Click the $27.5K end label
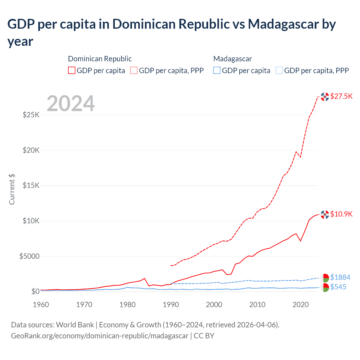tap(341, 96)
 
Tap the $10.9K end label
tap(341, 214)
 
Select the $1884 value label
tap(340, 277)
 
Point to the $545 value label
tap(338, 287)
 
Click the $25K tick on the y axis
tap(31, 115)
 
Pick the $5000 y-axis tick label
tap(29, 256)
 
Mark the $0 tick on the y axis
tap(35, 291)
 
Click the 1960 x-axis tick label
tap(41, 305)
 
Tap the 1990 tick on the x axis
tap(171, 305)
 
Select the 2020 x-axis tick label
tap(301, 305)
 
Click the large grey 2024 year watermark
tap(71, 103)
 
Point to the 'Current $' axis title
tap(12, 189)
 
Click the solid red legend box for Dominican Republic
tap(72, 70)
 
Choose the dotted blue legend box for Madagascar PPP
tap(279, 70)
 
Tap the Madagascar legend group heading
tap(232, 59)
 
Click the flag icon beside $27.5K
tap(325, 97)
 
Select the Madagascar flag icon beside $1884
tap(325, 278)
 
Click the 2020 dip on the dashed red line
tap(300, 157)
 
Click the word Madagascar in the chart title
tap(292, 24)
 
